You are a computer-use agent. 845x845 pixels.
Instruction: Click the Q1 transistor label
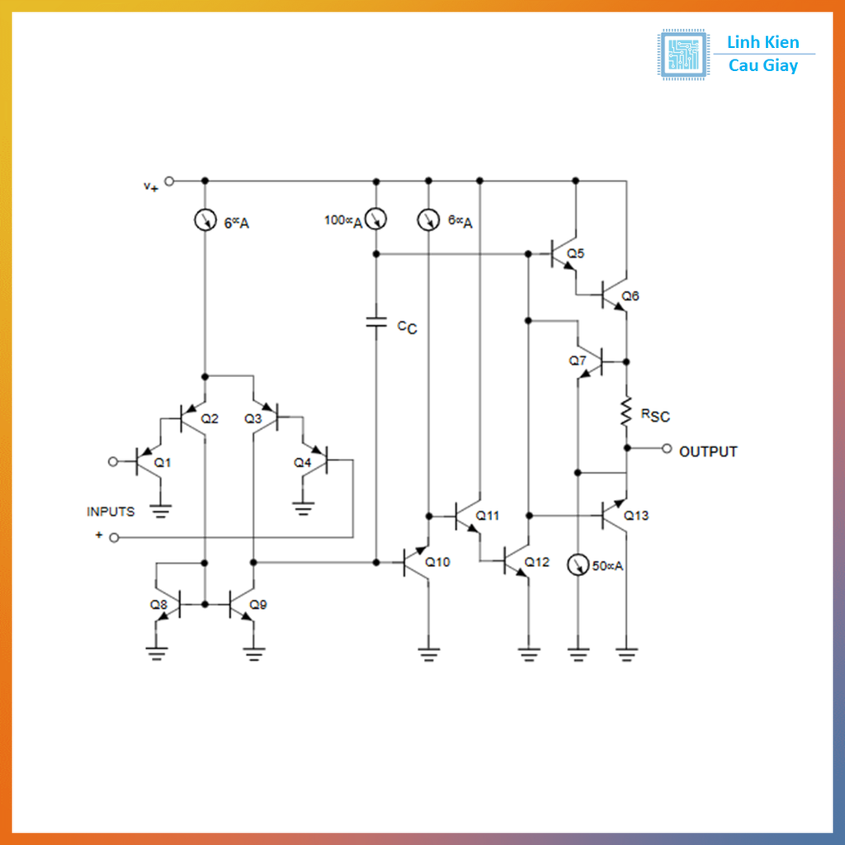point(163,463)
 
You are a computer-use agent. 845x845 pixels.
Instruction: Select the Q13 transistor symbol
point(612,515)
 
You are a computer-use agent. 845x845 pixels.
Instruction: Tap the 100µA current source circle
point(376,219)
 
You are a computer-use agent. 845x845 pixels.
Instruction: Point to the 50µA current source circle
point(578,565)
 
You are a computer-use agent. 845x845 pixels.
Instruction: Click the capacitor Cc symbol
point(376,323)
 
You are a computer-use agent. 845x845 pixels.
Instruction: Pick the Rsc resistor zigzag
point(627,412)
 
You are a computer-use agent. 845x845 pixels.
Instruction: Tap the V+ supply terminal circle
point(169,181)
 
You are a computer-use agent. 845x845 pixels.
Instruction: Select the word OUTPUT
point(708,451)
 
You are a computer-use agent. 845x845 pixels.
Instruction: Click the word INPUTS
point(111,512)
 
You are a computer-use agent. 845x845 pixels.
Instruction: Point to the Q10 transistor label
point(437,562)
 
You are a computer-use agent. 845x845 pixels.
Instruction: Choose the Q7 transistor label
point(577,361)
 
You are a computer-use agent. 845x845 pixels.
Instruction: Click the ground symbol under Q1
point(159,509)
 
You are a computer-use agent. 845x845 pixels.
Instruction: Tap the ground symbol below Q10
point(427,654)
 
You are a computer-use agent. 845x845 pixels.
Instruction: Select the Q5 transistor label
point(576,253)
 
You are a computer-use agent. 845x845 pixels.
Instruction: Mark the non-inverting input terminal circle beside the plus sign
point(114,538)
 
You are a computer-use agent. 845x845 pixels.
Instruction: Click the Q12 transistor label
point(536,562)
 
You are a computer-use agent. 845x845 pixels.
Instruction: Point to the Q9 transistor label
point(258,604)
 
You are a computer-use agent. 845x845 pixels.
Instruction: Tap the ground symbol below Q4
point(304,507)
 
